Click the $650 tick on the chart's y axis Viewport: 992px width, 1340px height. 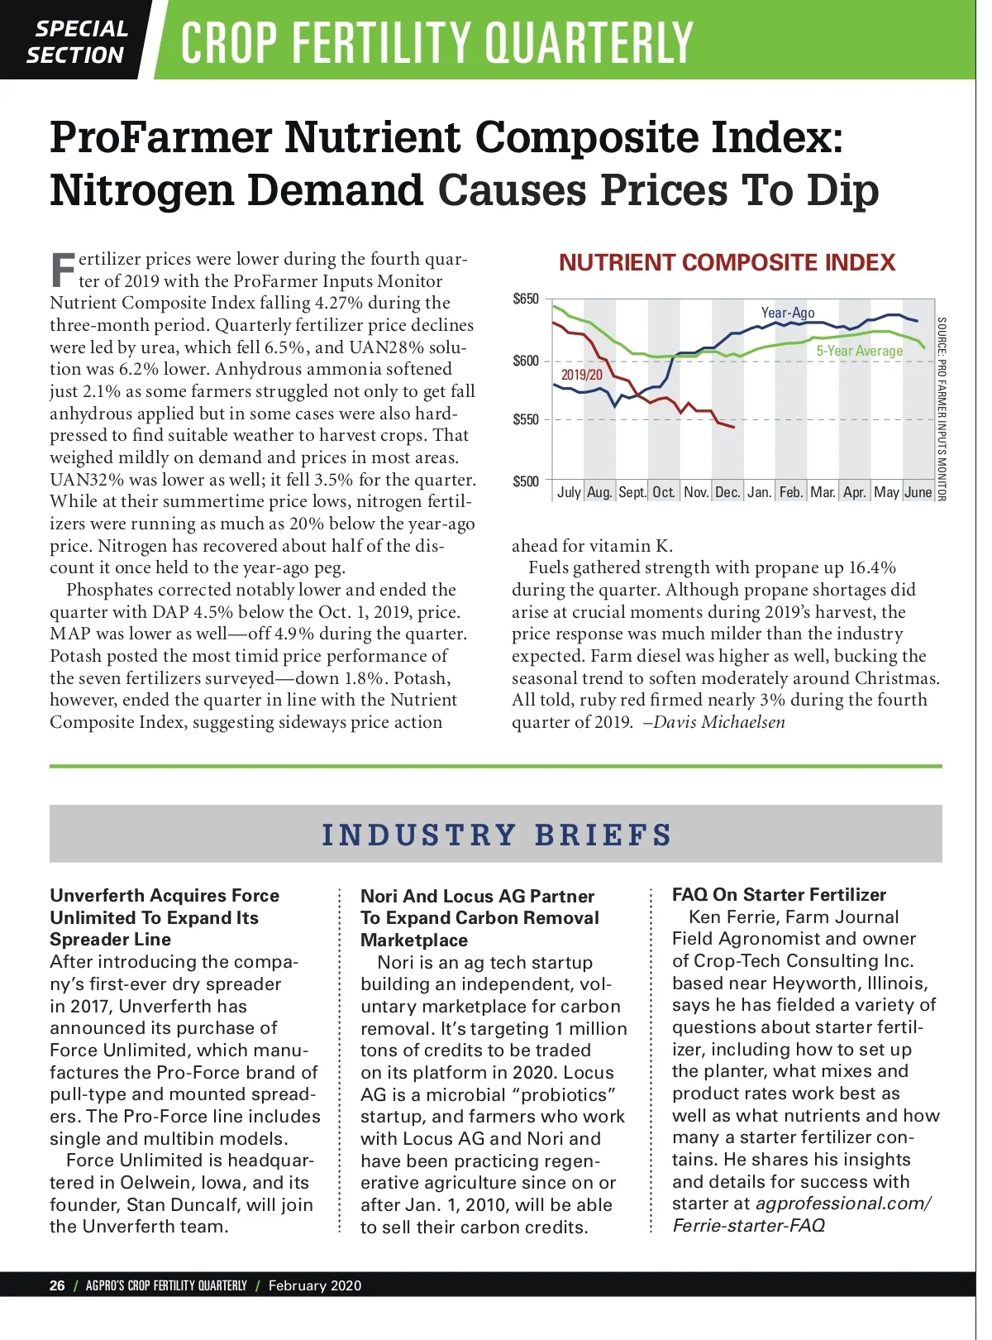526,299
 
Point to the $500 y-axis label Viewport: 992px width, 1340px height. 526,481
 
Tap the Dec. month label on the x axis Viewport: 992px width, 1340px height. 727,492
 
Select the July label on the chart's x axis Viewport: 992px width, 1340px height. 569,492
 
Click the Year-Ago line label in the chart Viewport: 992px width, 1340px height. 788,313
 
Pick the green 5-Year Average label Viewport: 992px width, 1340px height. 860,351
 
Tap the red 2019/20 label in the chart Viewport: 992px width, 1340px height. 582,375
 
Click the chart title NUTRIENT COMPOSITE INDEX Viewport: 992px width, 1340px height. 727,263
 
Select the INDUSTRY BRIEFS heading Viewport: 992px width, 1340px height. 497,835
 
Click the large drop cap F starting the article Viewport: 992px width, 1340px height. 63,270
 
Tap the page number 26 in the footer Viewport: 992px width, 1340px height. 57,1285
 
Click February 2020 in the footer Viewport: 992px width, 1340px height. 315,1285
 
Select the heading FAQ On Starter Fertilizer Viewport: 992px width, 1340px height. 779,895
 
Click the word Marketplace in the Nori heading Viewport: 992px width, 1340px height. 414,940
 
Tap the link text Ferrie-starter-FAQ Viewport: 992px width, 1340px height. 748,1225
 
